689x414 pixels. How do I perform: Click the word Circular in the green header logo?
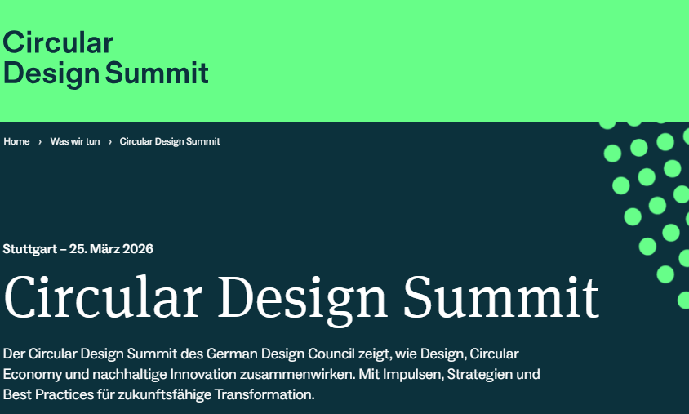pos(58,42)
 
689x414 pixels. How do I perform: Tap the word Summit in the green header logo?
pos(157,73)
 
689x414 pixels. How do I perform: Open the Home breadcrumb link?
pos(16,141)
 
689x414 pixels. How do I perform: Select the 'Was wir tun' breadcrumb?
pos(75,141)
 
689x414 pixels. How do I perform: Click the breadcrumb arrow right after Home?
pos(40,142)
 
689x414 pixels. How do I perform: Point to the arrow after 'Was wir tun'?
pos(110,142)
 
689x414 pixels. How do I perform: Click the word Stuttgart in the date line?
pos(30,249)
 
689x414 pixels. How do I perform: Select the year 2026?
pos(138,249)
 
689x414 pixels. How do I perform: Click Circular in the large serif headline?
pos(103,296)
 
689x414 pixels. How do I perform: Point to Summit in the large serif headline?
pos(501,296)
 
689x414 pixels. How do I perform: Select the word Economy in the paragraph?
pos(33,375)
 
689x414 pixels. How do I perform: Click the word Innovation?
pos(203,375)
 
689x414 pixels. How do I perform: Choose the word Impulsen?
pos(413,375)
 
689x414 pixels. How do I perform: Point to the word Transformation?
pos(264,394)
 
